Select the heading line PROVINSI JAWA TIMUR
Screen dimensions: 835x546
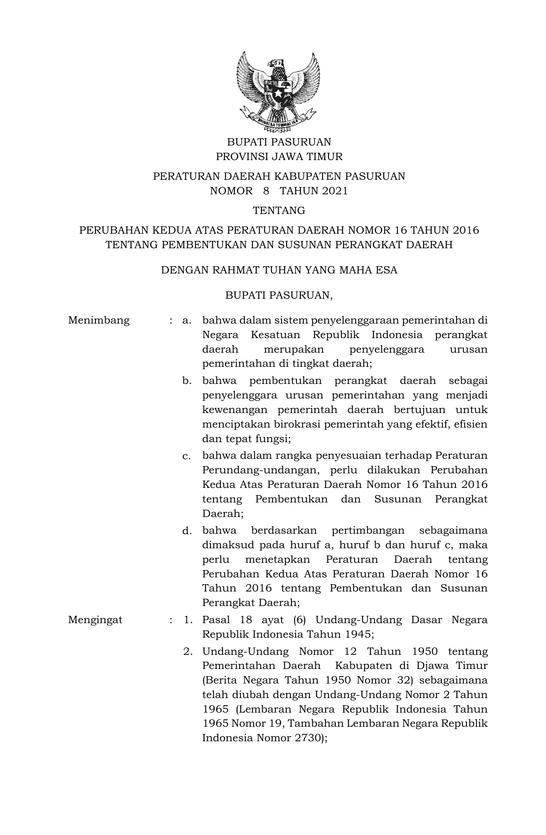[x=279, y=157]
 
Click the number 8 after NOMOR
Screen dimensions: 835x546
[x=267, y=191]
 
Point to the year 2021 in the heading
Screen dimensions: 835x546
[x=335, y=191]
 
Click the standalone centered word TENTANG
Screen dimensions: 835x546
[x=279, y=211]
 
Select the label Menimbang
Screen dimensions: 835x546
[x=99, y=321]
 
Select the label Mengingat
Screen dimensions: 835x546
[x=95, y=620]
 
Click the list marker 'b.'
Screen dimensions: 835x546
[x=187, y=380]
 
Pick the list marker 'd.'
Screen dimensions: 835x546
[x=187, y=531]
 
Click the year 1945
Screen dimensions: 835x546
[x=359, y=634]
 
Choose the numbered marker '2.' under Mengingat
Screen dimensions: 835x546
[x=187, y=652]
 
